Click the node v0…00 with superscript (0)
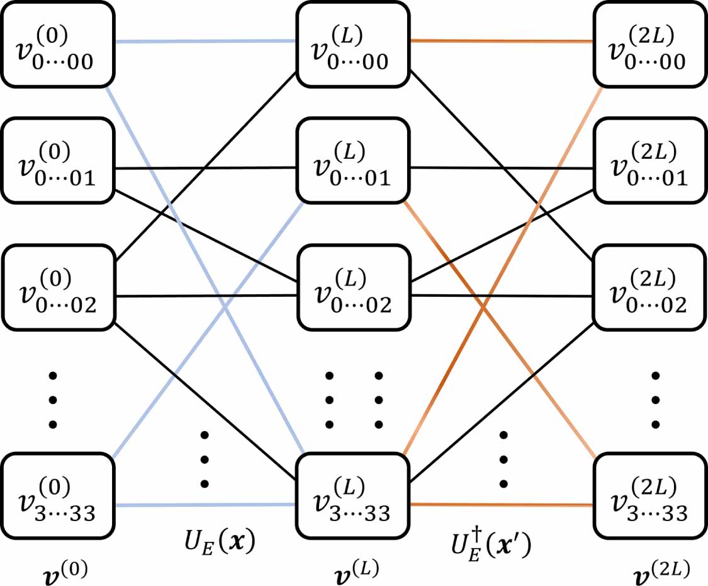coord(58,45)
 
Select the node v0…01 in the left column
coord(58,161)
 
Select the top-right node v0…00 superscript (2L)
coord(649,45)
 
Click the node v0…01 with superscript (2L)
coord(649,161)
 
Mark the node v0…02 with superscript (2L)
coord(649,289)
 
